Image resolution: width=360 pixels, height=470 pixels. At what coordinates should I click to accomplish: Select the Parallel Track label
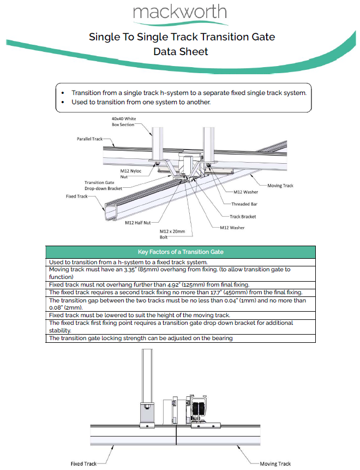89,139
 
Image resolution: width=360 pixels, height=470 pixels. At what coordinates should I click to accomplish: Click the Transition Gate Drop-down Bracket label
103,185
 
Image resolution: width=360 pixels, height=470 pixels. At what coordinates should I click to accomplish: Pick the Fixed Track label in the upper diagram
76,196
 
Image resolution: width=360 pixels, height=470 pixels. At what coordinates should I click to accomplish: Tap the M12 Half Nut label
138,223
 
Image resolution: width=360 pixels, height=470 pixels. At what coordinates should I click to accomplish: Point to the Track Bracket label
242,216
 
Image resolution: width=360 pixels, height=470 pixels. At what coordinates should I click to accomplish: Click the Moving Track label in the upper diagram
280,186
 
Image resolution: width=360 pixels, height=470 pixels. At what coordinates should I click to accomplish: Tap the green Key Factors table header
180,252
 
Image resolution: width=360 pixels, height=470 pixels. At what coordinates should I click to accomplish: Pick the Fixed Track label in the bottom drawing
83,464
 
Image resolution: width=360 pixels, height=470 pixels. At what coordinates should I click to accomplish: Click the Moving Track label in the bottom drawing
275,464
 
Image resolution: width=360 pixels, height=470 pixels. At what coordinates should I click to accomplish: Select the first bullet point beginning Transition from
189,93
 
